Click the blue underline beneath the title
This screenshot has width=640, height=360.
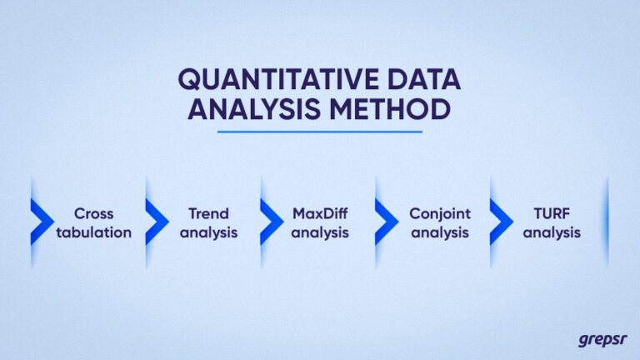click(320, 131)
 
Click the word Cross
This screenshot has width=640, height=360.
click(93, 213)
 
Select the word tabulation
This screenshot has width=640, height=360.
click(93, 232)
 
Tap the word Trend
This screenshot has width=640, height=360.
click(208, 213)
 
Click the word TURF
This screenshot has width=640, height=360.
click(552, 213)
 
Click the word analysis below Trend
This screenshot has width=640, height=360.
click(208, 232)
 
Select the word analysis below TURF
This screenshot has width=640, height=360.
click(552, 232)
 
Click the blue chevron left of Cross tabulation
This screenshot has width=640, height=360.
click(40, 222)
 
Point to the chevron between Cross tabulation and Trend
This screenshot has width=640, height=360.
click(155, 222)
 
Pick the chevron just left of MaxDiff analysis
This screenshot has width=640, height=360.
click(270, 222)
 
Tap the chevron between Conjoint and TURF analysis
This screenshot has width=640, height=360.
click(499, 222)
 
